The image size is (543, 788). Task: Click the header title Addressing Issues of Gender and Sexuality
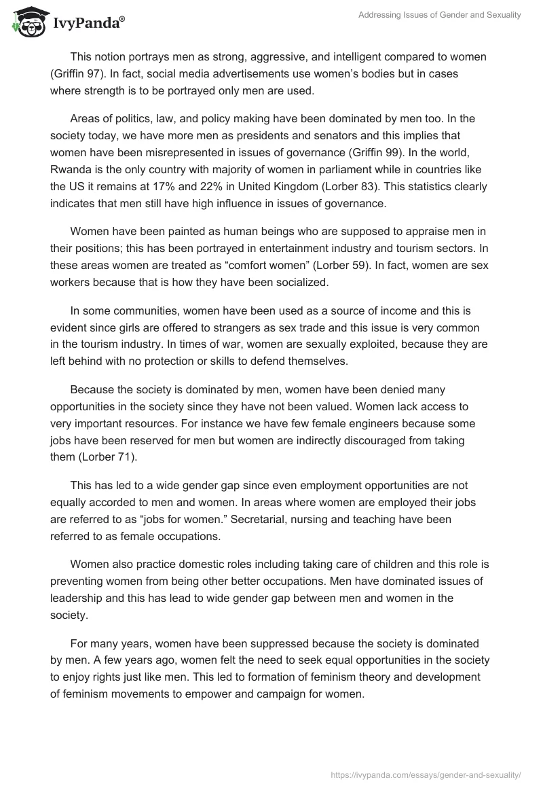point(440,15)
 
